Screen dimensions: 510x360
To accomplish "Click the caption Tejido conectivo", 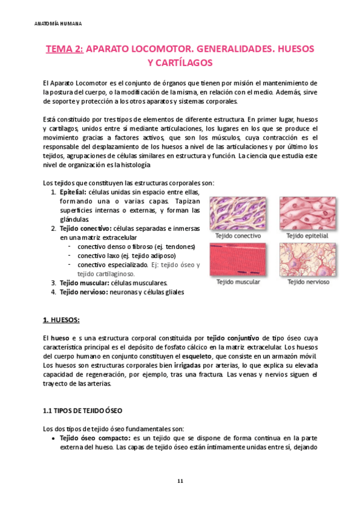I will [x=239, y=236].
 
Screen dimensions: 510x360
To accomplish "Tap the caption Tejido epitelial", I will [x=307, y=236].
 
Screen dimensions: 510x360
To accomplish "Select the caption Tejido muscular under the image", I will [x=239, y=281].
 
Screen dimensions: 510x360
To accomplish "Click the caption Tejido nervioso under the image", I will [x=307, y=281].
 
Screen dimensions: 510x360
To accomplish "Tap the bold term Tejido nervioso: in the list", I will [x=84, y=292].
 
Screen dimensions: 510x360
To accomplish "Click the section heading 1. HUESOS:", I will [x=62, y=319].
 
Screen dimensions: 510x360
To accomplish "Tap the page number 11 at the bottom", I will [x=180, y=481].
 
